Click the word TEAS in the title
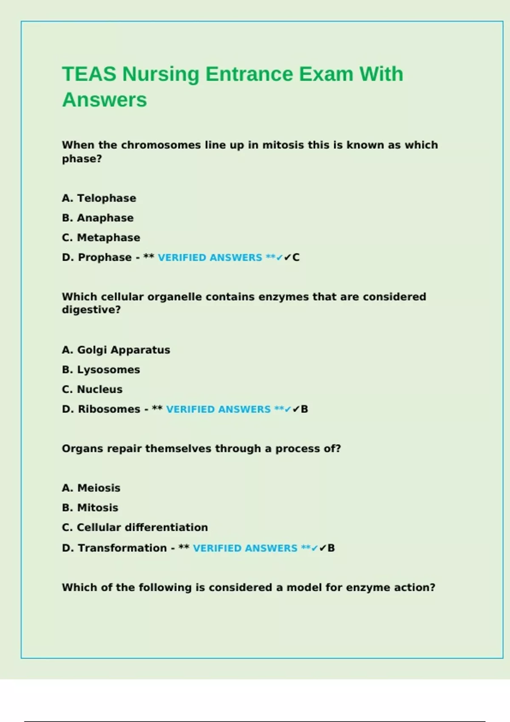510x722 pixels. tap(89, 74)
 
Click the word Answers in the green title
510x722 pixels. tap(105, 100)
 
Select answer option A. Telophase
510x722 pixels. tap(99, 198)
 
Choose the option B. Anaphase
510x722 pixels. tap(98, 218)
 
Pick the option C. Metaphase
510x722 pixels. tap(101, 237)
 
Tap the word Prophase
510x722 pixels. tap(105, 257)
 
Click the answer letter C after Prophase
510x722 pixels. tap(296, 257)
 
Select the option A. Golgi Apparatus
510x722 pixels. tap(116, 350)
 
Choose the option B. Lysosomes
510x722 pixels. tap(101, 369)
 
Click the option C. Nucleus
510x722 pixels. tap(92, 389)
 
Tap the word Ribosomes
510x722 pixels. tap(109, 409)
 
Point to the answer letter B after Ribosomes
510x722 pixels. tap(304, 409)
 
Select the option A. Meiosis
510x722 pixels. tap(91, 488)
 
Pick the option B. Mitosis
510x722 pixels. tap(90, 508)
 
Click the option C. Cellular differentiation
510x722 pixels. tap(135, 527)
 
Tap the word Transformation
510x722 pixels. tap(122, 548)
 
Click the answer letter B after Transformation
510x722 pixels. tap(331, 548)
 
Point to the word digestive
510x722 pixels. tap(91, 310)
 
